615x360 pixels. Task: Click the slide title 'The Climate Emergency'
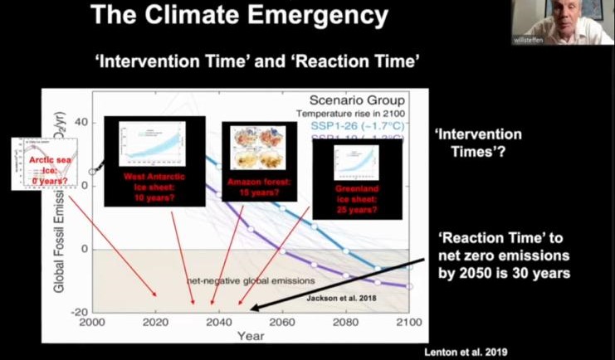pos(239,15)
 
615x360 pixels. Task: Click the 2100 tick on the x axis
pos(408,322)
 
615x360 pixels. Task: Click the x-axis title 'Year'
pos(251,337)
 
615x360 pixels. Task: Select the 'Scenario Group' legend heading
pos(359,100)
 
